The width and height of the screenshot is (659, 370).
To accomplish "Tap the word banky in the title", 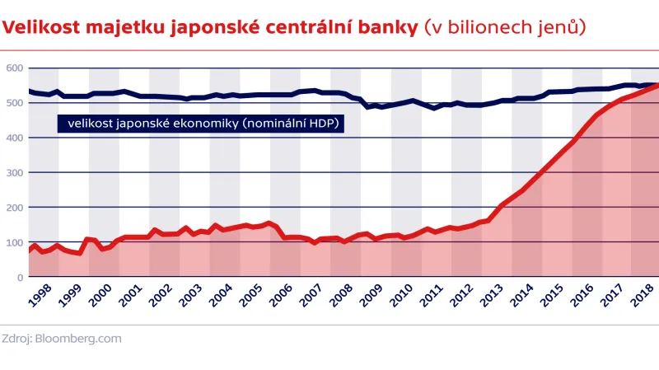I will (x=387, y=27).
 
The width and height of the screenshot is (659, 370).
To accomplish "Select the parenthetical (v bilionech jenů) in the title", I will (x=504, y=27).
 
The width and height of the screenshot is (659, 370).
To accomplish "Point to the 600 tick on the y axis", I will (x=14, y=68).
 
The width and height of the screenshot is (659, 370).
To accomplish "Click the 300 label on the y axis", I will (x=14, y=172).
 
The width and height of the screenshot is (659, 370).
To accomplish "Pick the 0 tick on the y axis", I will (x=20, y=278).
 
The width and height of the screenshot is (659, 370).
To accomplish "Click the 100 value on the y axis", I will (x=14, y=242).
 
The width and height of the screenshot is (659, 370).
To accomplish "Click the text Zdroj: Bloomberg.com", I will (x=62, y=338).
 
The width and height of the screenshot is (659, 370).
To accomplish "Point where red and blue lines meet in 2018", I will (x=656, y=85).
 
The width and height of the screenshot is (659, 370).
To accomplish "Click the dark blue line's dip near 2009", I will (x=370, y=107).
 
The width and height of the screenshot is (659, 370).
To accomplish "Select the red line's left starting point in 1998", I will (x=30, y=250).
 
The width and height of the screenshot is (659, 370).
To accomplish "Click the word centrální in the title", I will (x=312, y=27).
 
